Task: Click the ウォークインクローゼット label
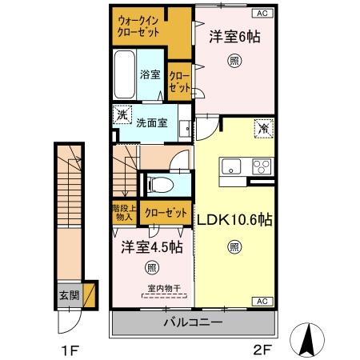pos(138,26)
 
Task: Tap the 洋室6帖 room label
pos(235,37)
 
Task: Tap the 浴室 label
pos(150,74)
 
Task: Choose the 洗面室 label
pos(150,123)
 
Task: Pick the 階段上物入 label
pos(124,215)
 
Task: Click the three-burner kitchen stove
pos(261,167)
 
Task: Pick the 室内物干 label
pos(163,289)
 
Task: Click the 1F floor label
pos(70,349)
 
